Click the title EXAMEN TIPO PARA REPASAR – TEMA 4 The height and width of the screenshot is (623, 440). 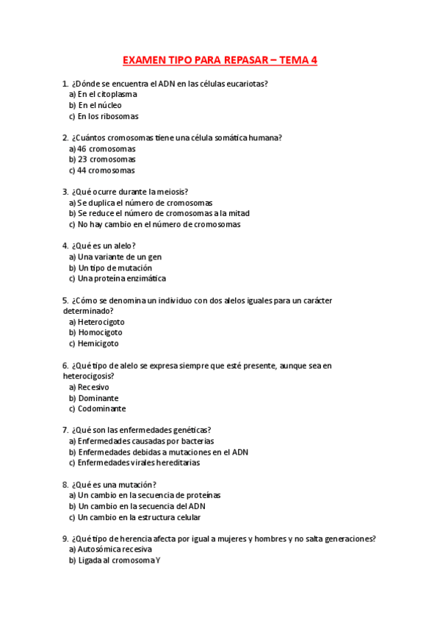[x=220, y=60]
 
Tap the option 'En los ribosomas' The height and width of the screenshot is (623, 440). [x=108, y=116]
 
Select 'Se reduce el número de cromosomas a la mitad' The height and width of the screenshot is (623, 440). [x=162, y=214]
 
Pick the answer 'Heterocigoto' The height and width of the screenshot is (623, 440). [x=101, y=322]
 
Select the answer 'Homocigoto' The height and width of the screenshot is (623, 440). [x=100, y=333]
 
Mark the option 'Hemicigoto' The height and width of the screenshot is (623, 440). [x=98, y=343]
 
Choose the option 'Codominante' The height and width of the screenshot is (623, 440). [x=101, y=408]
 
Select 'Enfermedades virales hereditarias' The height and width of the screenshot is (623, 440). [x=138, y=463]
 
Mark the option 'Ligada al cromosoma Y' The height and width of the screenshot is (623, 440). [x=118, y=561]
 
